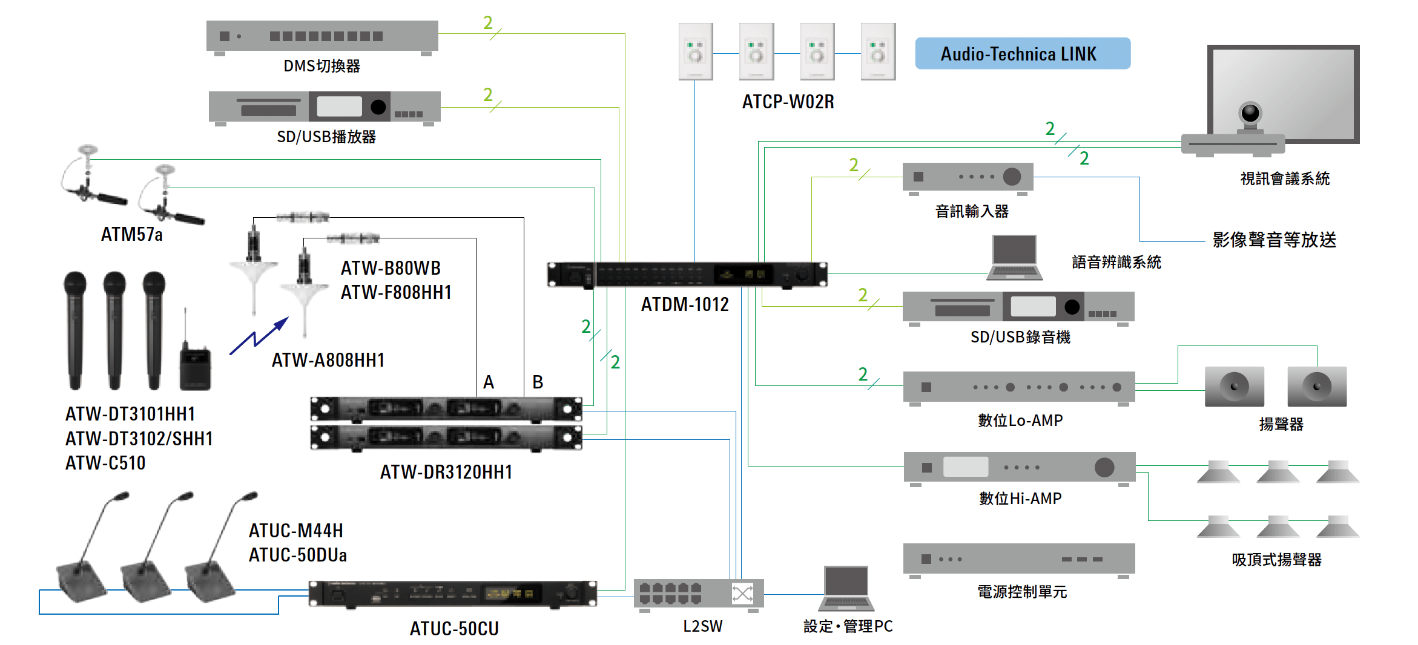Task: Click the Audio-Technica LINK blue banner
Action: (1022, 54)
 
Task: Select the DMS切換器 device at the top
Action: (322, 36)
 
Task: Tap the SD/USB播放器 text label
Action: (326, 137)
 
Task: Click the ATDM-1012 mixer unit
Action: (687, 275)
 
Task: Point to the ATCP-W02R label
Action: (788, 102)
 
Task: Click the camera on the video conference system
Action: (1250, 114)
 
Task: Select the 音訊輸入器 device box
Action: (968, 177)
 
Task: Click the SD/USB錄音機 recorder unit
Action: (1018, 307)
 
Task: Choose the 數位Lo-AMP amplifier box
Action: (1018, 387)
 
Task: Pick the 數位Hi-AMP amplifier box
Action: (1019, 467)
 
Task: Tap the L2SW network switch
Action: (698, 594)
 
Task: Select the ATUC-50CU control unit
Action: (452, 594)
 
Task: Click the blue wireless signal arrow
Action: (259, 336)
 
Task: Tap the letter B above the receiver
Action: (538, 382)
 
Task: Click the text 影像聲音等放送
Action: (1274, 240)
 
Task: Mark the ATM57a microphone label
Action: (132, 235)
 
